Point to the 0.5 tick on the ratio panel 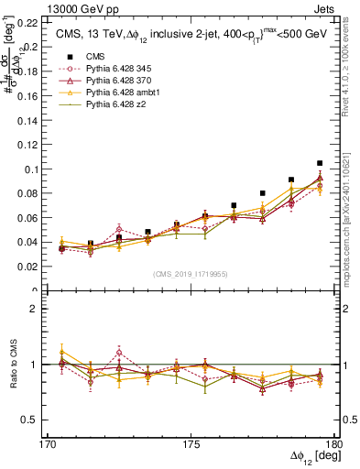[x=25, y=420]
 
